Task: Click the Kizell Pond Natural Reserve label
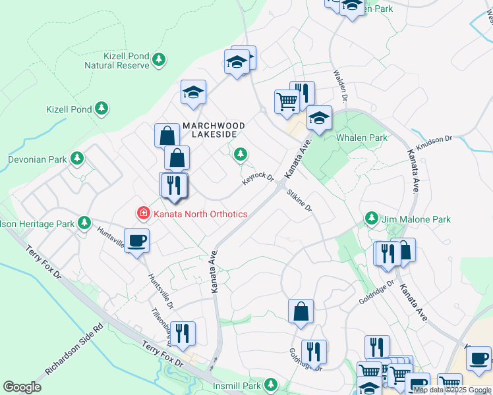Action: point(117,61)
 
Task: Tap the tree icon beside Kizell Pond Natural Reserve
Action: point(158,61)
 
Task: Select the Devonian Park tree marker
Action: point(77,159)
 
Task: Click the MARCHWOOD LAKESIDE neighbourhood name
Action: point(214,130)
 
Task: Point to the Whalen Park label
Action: point(361,138)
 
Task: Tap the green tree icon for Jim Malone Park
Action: point(372,219)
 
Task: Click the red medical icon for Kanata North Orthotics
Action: point(143,213)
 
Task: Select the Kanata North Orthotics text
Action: point(200,214)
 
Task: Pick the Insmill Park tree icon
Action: point(270,384)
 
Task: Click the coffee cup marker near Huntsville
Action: point(136,241)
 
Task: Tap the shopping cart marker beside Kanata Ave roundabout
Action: point(287,101)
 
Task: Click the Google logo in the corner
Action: point(22,387)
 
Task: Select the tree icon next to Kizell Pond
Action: point(101,109)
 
